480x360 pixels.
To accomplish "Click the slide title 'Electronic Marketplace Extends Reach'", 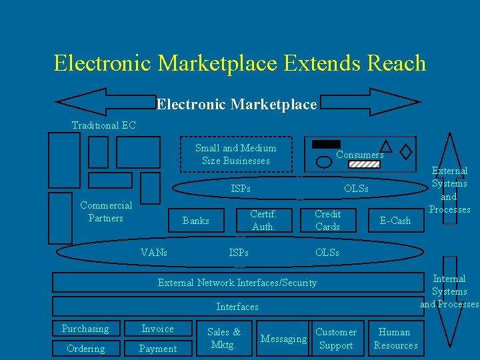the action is point(239,63).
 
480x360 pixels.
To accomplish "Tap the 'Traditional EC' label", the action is point(103,125).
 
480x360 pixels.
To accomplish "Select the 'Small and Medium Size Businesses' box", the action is point(235,154).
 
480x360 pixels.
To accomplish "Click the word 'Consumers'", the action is point(359,155).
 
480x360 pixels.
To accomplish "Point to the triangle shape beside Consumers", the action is point(385,146).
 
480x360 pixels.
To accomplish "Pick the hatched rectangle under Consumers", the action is point(364,164).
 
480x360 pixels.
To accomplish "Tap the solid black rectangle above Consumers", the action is point(326,144).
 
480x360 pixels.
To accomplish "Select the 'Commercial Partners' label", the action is point(106,211).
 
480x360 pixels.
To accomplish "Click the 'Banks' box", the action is point(195,221).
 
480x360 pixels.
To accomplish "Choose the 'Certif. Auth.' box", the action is point(263,220).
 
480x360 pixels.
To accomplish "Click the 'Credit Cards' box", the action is point(327,220).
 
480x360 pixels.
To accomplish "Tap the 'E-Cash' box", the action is point(395,221).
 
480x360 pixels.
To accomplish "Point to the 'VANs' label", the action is point(154,253).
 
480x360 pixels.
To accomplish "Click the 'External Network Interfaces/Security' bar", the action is point(237,283).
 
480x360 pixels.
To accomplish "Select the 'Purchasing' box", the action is point(85,329).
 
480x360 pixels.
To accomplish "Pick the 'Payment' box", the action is point(158,348).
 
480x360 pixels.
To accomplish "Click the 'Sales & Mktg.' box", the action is point(224,338).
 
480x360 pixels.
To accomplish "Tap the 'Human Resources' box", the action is point(395,338).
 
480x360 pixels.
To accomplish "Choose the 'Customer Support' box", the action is point(335,338).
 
